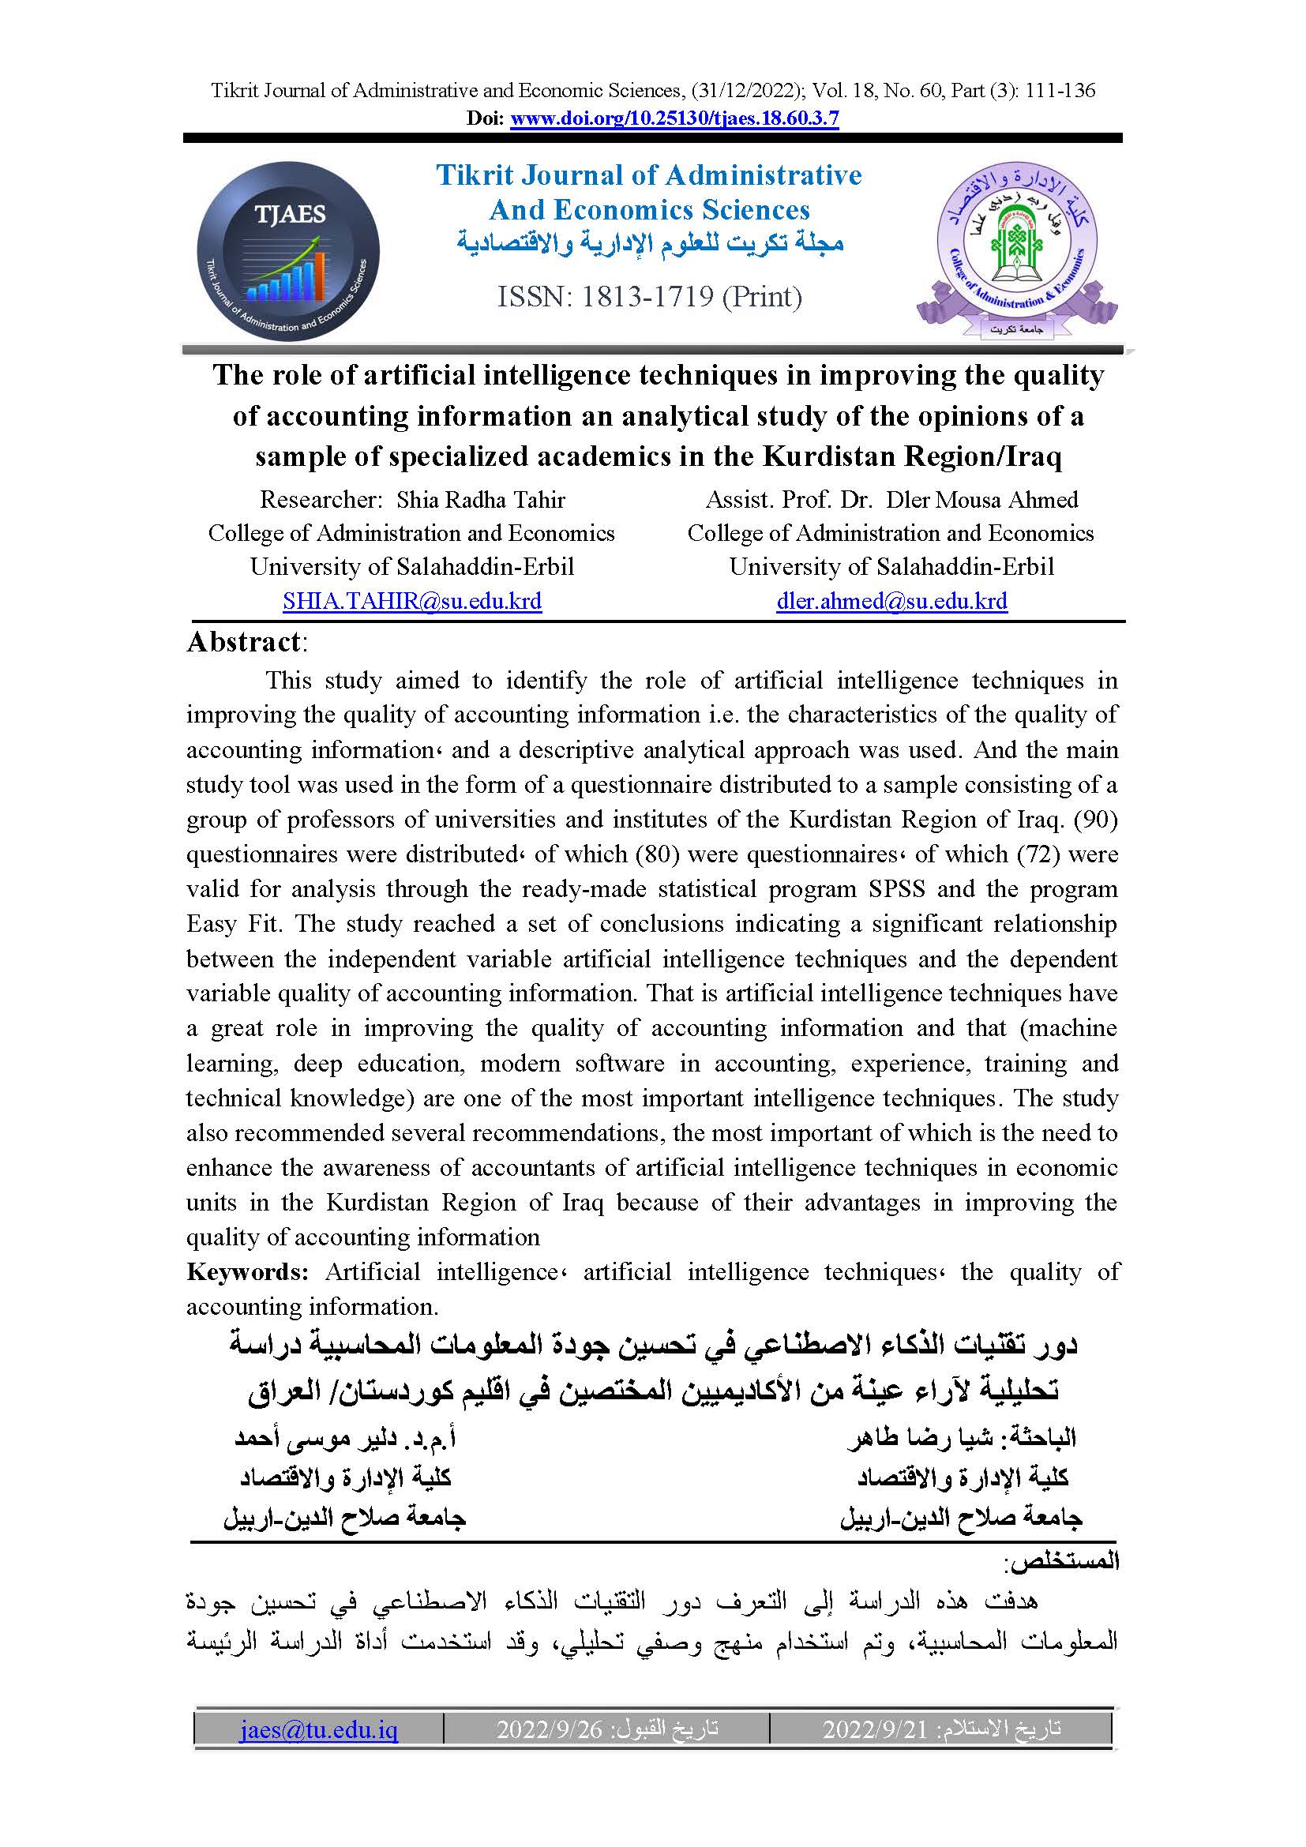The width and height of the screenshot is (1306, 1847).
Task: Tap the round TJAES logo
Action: tap(288, 251)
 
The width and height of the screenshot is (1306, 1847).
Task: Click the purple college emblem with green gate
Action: tap(1016, 251)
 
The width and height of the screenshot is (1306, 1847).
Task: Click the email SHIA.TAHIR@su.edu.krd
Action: tap(411, 601)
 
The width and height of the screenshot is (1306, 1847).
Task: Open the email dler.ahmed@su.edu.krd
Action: tap(891, 601)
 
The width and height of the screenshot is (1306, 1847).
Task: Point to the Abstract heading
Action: tap(244, 642)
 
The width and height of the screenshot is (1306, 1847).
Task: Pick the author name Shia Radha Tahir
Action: tap(480, 500)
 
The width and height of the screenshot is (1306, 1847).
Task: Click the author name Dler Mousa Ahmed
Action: tap(981, 500)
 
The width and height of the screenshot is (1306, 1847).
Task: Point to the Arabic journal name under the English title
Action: tap(650, 244)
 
